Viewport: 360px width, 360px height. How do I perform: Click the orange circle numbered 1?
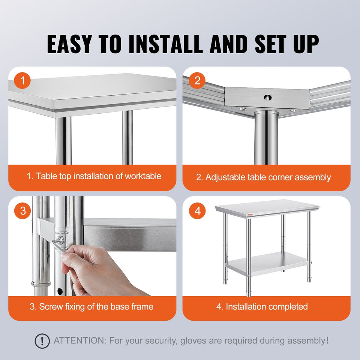[22, 81]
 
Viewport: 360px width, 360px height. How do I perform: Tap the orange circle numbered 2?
[197, 81]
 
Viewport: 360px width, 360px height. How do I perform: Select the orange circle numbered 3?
[22, 211]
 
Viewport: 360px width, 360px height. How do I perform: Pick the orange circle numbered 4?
[197, 211]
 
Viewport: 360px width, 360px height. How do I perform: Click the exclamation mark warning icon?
[42, 341]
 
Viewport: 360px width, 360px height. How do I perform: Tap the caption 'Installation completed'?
[267, 307]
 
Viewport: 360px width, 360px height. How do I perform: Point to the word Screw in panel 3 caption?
[51, 307]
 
